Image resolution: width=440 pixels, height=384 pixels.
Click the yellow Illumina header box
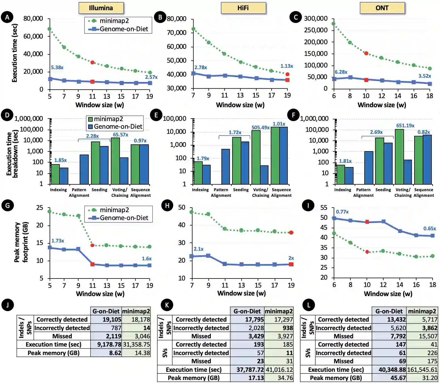[101, 8]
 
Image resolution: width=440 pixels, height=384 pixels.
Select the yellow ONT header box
[382, 8]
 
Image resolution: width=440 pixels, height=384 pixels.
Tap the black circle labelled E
[156, 115]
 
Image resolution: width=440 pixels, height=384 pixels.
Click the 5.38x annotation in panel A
[57, 67]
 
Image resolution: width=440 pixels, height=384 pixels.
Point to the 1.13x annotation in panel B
[287, 66]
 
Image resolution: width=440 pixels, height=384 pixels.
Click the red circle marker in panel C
[366, 53]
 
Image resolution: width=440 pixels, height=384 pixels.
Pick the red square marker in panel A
[92, 82]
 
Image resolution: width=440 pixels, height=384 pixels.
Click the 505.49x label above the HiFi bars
[260, 128]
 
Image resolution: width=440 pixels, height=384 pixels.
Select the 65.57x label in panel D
[120, 135]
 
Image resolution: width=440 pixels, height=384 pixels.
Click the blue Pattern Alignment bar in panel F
[369, 168]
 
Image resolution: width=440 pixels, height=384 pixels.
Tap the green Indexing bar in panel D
[55, 174]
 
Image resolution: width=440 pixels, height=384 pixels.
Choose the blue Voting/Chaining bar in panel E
[264, 175]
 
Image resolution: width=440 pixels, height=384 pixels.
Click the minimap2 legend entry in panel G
[109, 210]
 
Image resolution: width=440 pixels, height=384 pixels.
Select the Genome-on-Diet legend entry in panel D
[115, 126]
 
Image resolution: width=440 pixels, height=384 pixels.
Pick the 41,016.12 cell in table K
[279, 370]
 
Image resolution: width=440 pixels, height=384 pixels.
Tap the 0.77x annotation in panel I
[342, 212]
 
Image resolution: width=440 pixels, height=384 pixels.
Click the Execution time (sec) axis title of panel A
[14, 53]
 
